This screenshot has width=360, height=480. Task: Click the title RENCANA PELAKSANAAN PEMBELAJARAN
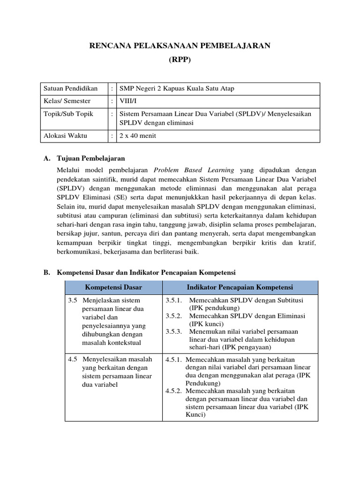coord(180,45)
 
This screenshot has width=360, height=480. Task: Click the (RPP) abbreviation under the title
coord(180,60)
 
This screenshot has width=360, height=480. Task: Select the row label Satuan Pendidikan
coord(70,89)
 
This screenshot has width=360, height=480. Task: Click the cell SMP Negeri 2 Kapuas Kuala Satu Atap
coord(177,89)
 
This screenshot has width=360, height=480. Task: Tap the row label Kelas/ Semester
coord(67,101)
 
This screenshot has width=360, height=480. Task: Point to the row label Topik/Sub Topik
coord(68,113)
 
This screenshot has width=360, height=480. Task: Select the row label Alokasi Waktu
coord(65,136)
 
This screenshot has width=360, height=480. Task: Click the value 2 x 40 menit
coord(138,136)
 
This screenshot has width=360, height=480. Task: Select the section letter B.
coord(47,272)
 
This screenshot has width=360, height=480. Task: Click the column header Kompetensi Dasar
coord(113,287)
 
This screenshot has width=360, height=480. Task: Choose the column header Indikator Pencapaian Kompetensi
coord(240,287)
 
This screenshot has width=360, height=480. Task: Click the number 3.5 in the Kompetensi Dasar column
coord(72,300)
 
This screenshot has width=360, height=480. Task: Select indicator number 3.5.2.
coord(173,316)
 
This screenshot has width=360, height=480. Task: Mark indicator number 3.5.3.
coord(173,331)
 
